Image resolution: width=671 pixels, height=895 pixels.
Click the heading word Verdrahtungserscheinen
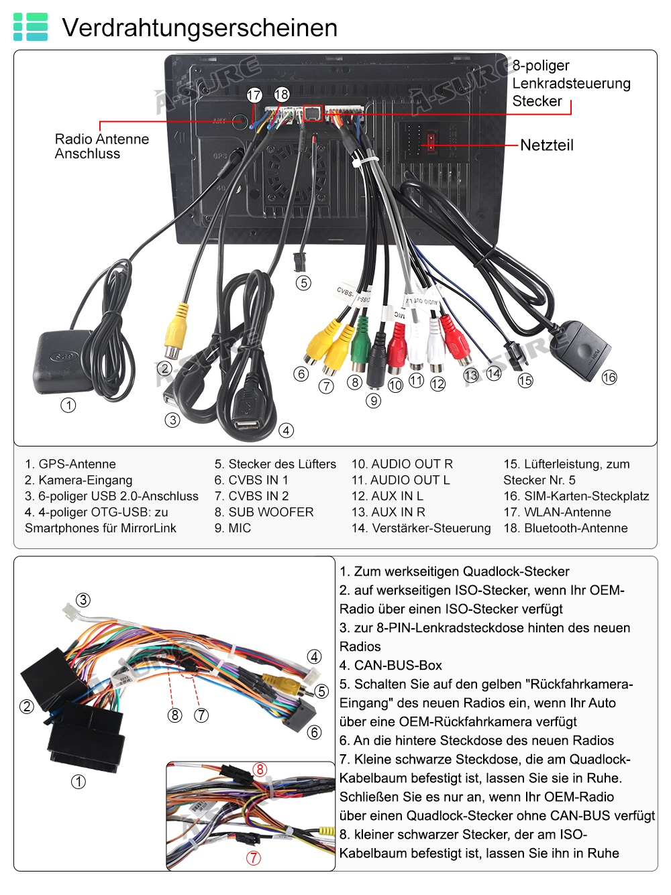pos(199,28)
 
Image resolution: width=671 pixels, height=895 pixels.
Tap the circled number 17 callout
pos(254,95)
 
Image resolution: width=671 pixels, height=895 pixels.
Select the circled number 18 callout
pos(281,95)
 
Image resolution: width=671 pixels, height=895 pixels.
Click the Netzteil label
pos(547,145)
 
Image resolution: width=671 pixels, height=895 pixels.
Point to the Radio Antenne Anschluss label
pos(101,146)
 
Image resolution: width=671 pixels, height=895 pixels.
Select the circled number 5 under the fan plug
pos(303,282)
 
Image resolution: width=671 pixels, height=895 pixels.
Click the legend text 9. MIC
pos(233,528)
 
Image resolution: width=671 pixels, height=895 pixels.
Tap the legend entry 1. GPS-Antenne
pos(70,464)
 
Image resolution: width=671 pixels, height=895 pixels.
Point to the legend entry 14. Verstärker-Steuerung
pos(421,528)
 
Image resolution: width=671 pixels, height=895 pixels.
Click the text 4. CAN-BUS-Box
pos(391,665)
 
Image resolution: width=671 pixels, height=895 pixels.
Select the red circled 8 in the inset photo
pos(260,769)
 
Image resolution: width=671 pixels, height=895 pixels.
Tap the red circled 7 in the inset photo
pos(253,857)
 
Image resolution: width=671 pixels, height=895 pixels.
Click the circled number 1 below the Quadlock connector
pos(79,782)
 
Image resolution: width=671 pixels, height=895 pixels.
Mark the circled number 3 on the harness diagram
pos(83,600)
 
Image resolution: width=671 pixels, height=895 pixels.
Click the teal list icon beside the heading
pos(30,27)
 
